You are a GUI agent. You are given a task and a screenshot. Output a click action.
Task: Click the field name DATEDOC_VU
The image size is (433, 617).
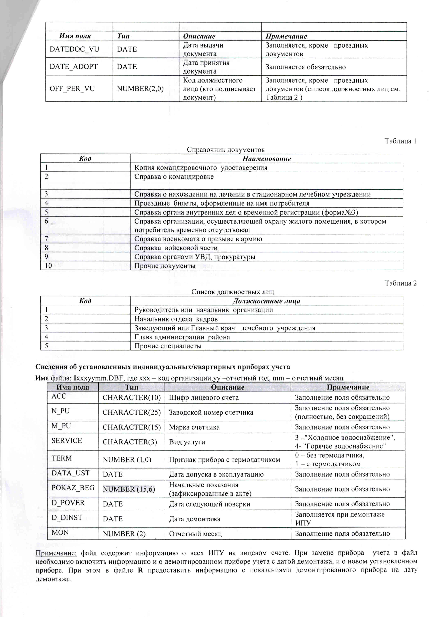click(x=74, y=49)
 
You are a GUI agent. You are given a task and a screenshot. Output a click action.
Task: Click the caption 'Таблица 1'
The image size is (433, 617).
click(x=400, y=141)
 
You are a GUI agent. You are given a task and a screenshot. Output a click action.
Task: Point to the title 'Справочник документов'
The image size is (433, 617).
click(x=225, y=150)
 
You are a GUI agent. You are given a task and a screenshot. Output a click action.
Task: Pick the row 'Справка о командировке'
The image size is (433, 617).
click(x=174, y=177)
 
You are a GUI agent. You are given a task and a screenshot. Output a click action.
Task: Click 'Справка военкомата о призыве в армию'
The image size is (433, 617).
click(x=198, y=239)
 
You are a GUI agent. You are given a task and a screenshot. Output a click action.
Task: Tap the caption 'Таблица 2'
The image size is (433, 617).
click(x=400, y=283)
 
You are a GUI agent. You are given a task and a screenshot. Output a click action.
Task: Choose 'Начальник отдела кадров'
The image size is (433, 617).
click(x=176, y=319)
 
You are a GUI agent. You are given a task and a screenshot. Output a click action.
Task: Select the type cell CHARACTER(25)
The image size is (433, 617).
click(x=132, y=412)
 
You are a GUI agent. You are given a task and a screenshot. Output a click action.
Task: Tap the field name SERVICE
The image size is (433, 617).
click(x=67, y=441)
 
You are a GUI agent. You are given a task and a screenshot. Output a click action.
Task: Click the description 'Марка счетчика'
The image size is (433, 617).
click(x=194, y=427)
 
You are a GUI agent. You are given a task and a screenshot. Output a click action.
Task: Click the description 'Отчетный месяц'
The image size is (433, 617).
click(x=195, y=534)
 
